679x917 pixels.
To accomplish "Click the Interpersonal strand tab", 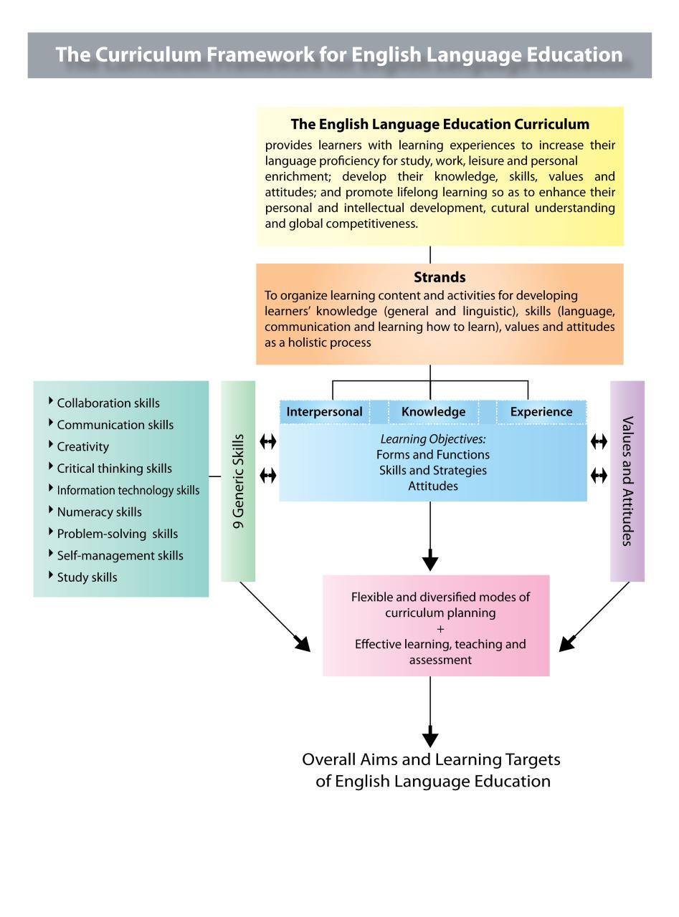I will pyautogui.click(x=324, y=412).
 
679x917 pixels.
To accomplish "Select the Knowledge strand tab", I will pyautogui.click(x=433, y=412).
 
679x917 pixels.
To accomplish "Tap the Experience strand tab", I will pyautogui.click(x=541, y=412).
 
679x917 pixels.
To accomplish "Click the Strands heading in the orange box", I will pyautogui.click(x=440, y=277).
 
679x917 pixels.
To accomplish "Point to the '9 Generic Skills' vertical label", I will pyautogui.click(x=239, y=481).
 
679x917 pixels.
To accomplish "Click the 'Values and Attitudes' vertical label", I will pyautogui.click(x=627, y=481).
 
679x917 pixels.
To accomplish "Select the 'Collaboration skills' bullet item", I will pyautogui.click(x=108, y=403).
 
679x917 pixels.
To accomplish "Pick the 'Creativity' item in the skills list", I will pyautogui.click(x=83, y=447).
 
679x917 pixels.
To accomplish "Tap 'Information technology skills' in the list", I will pyautogui.click(x=128, y=491).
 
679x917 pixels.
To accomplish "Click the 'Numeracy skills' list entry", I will pyautogui.click(x=100, y=512).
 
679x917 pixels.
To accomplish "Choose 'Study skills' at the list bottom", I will pyautogui.click(x=87, y=577).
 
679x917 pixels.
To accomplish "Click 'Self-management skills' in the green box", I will pyautogui.click(x=120, y=556).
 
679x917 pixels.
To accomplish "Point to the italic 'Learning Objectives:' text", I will pyautogui.click(x=433, y=439).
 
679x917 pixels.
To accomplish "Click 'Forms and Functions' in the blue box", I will pyautogui.click(x=433, y=455).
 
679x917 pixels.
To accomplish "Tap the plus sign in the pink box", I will pyautogui.click(x=440, y=629).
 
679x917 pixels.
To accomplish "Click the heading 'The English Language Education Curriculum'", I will pyautogui.click(x=440, y=125).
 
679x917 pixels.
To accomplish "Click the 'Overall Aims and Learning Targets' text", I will pyautogui.click(x=431, y=759).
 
